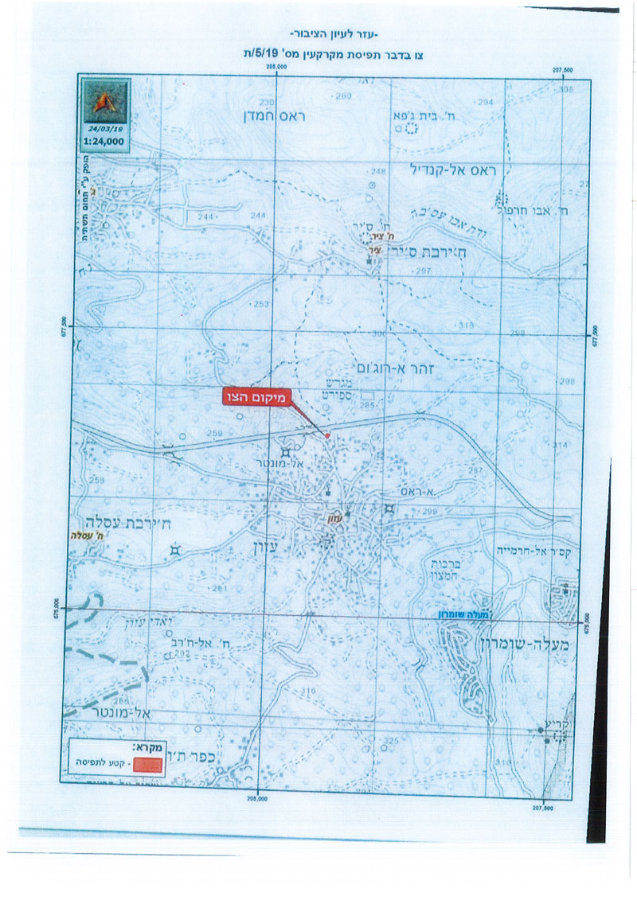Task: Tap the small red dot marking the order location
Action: (x=326, y=435)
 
